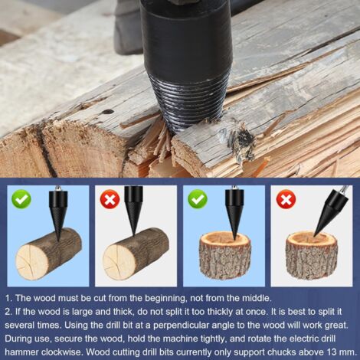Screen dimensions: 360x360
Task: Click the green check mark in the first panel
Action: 21,200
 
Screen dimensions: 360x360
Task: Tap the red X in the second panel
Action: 109,200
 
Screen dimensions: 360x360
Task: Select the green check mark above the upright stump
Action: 198,200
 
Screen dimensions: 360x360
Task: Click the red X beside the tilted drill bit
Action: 286,200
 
